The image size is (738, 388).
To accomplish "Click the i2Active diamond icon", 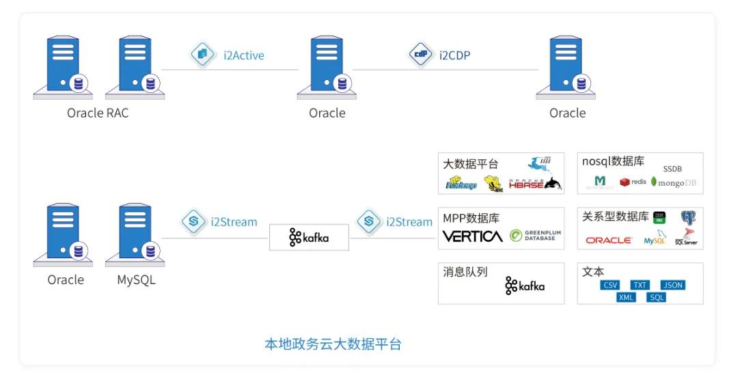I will [x=202, y=55].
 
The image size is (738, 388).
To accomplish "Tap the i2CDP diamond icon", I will [x=420, y=55].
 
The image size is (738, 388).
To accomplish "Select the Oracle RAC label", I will [x=98, y=113].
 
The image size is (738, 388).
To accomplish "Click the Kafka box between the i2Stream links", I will [x=309, y=237].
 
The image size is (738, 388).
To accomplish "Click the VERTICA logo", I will [x=472, y=236].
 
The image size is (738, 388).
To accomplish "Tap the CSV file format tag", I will [x=610, y=285].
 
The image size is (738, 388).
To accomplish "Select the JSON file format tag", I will [x=672, y=285].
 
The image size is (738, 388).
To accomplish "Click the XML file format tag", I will [x=626, y=297].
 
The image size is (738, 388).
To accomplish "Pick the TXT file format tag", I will [x=640, y=285].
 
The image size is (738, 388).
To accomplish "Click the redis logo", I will [x=633, y=182].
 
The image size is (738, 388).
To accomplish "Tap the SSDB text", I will [x=672, y=169].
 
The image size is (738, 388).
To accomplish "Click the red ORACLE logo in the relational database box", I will [x=609, y=240].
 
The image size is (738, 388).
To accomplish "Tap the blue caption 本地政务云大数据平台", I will [x=333, y=344].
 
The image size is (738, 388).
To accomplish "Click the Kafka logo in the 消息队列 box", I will [x=525, y=286].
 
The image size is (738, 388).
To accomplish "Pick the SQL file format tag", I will [x=657, y=297].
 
